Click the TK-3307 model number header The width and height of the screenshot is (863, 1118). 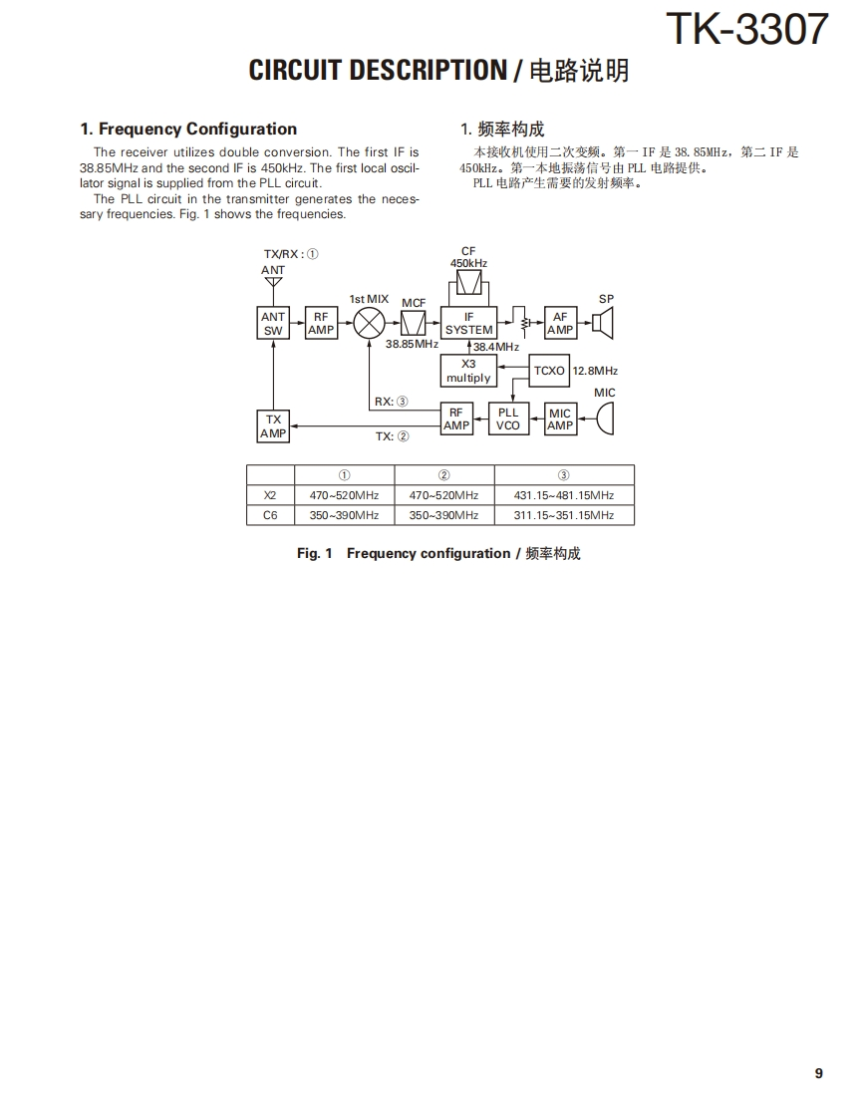point(745,29)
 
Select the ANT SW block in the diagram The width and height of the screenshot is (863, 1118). point(273,323)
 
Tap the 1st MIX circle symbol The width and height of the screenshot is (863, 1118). point(369,323)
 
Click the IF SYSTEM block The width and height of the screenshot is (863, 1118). point(468,323)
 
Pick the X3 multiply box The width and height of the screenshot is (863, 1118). point(468,371)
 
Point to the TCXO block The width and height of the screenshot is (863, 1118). point(549,371)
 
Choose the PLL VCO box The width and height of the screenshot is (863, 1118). point(508,419)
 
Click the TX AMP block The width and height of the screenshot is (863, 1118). point(273,426)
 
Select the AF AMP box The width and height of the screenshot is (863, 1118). point(560,323)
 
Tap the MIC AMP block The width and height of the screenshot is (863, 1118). point(560,419)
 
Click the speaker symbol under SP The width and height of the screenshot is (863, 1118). point(602,323)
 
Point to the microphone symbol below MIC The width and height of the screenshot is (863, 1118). point(604,419)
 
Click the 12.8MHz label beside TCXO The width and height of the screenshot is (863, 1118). point(595,371)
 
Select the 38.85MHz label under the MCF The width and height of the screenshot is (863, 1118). point(412,344)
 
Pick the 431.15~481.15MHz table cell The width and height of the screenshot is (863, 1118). point(563,495)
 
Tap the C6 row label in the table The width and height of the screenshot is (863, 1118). point(270,515)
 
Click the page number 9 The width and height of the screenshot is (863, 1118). point(818,1073)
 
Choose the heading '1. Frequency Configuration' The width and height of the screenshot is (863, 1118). point(188,129)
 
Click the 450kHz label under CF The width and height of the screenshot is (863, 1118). point(468,263)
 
